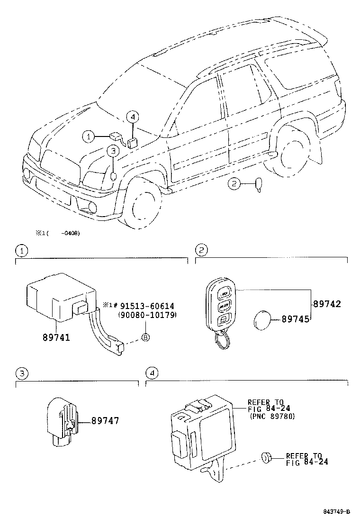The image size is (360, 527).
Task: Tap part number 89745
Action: pos(296,319)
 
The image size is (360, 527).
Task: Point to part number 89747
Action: pos(105,420)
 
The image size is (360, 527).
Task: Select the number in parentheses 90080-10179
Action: pos(147,315)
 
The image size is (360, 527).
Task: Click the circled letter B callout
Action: pos(145,337)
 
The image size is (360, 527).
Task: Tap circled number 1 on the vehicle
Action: pos(88,136)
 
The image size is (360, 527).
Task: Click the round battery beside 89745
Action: pos(260,320)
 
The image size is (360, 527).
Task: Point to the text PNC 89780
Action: pos(272,417)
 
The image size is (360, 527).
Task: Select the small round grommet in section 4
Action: pos(265,457)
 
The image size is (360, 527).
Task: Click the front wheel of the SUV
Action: pos(144,204)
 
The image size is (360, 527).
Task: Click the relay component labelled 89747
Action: pos(62,419)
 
